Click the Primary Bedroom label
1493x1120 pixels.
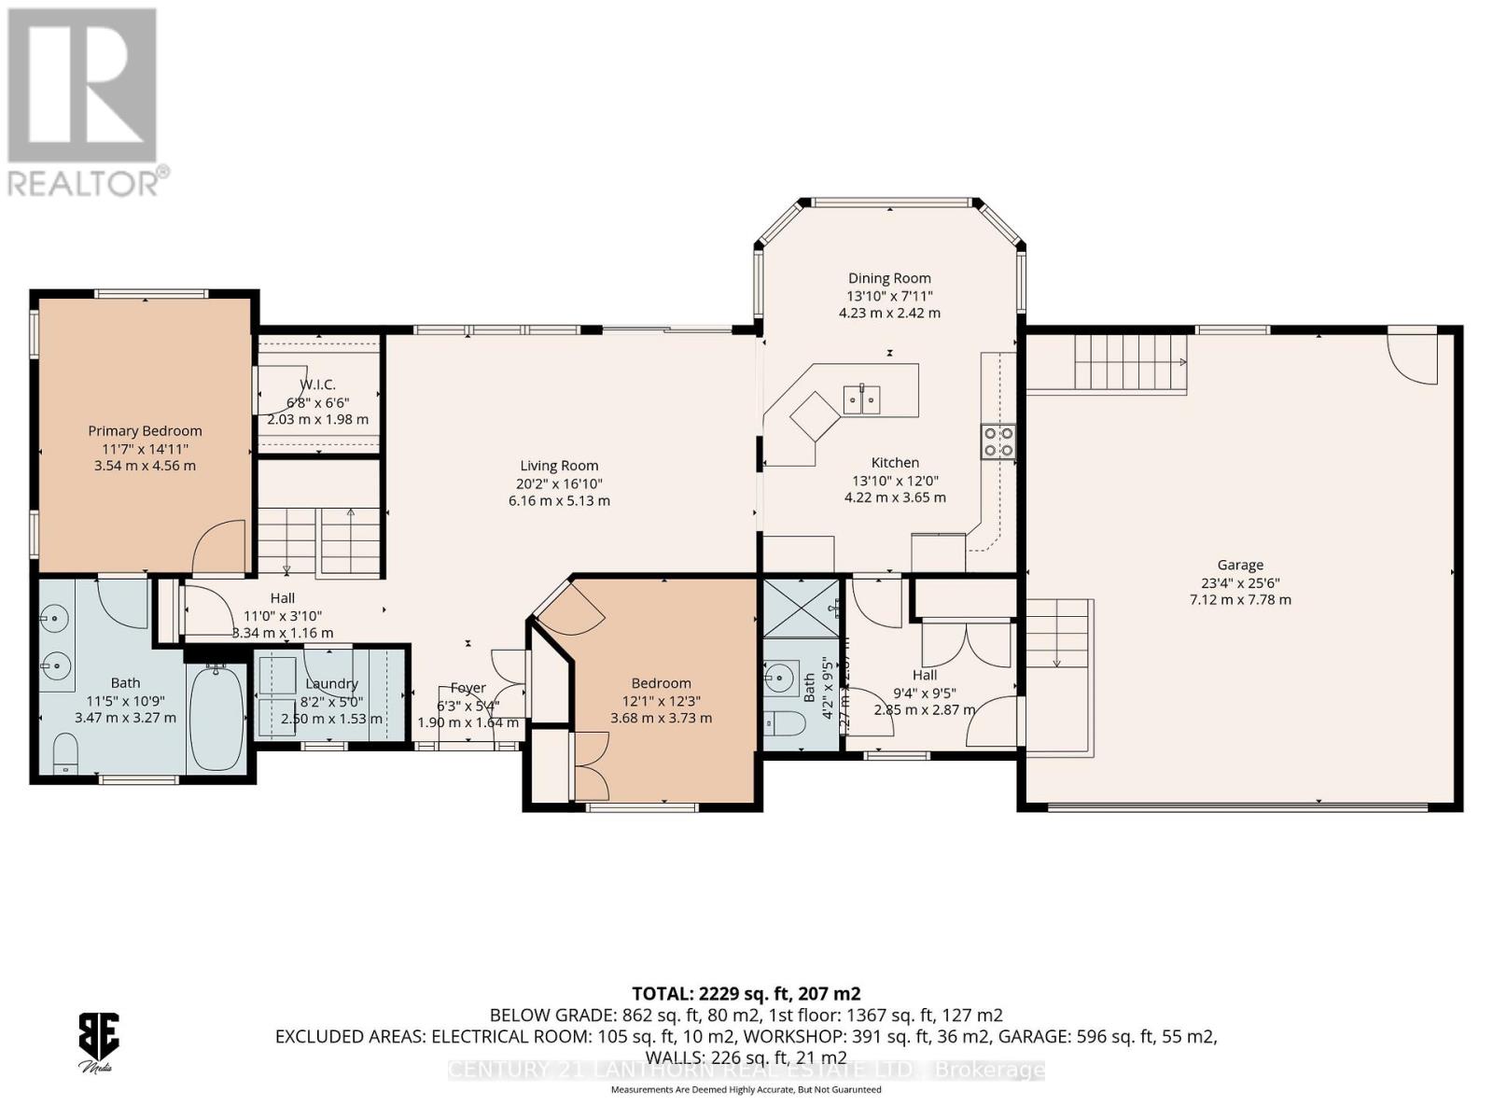coord(145,431)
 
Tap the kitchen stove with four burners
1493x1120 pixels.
coord(998,441)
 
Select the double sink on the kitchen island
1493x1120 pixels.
coord(862,399)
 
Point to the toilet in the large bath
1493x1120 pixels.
coord(65,752)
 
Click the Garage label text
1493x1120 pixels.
coord(1239,565)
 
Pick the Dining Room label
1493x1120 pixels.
coord(888,278)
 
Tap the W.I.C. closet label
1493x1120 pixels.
coord(317,385)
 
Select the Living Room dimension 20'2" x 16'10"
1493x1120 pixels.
coord(559,483)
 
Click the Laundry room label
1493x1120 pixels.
coord(331,684)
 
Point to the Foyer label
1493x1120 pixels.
coord(467,688)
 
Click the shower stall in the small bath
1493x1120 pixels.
coord(801,608)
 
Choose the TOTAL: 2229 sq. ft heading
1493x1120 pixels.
coord(746,993)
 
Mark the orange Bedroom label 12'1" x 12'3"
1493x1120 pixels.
coord(661,683)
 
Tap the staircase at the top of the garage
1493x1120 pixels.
coord(1129,364)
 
